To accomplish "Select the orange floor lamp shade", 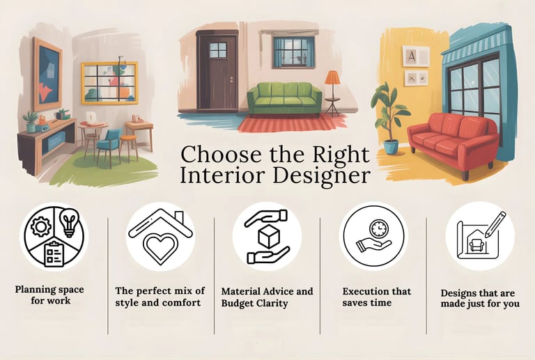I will [332, 77].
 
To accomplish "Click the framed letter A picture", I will [414, 56].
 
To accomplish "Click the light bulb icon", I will [68, 222].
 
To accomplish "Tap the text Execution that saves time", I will [376, 297].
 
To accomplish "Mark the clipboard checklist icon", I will [54, 252].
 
